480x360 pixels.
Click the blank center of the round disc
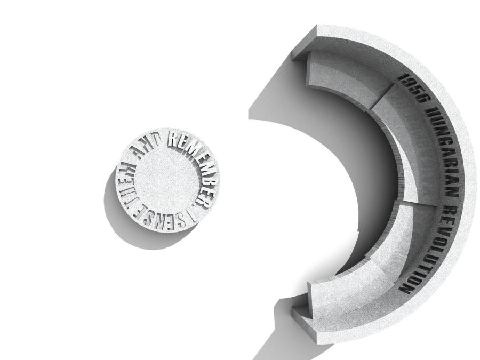click(167, 181)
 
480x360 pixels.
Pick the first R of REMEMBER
click(173, 139)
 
